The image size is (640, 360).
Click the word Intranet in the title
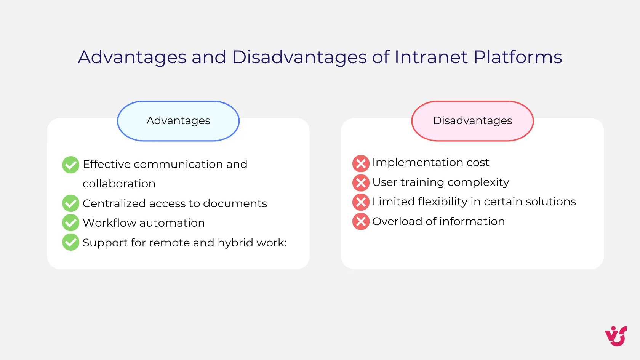click(431, 57)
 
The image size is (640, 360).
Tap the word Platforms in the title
click(517, 57)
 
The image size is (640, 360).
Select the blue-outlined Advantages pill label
click(178, 121)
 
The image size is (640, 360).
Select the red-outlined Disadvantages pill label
click(472, 121)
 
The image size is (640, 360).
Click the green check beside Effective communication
click(71, 165)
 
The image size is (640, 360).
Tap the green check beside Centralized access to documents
click(71, 203)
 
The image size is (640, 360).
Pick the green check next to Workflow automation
click(71, 223)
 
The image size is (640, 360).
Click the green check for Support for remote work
click(71, 242)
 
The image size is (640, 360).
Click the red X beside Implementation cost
click(361, 163)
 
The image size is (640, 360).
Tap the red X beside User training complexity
click(361, 183)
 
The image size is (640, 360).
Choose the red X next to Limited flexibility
click(361, 202)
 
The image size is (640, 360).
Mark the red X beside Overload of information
click(361, 222)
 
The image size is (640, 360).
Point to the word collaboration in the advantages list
click(119, 184)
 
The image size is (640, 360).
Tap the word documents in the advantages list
click(235, 203)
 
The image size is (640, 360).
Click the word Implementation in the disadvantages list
click(418, 163)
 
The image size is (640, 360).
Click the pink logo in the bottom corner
click(616, 336)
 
